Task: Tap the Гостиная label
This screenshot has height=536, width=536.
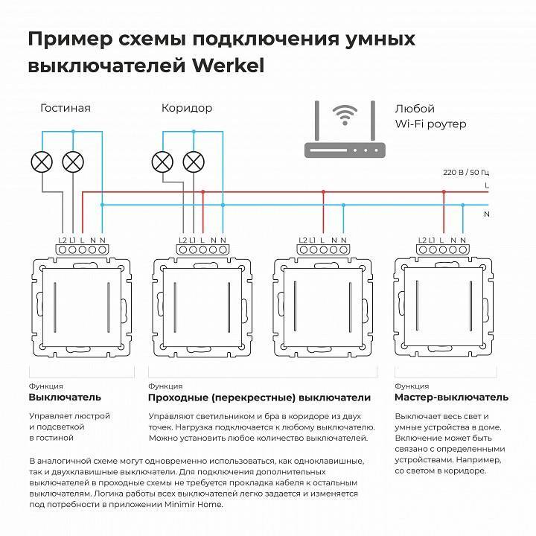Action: [x=66, y=108]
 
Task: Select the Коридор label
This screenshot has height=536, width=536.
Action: [x=187, y=108]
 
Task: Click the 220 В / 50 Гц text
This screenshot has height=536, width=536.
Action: [x=467, y=172]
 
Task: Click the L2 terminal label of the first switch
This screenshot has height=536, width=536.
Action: [x=63, y=239]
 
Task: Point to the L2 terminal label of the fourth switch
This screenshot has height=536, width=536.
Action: [x=423, y=239]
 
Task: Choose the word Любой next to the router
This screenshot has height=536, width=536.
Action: [x=415, y=109]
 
